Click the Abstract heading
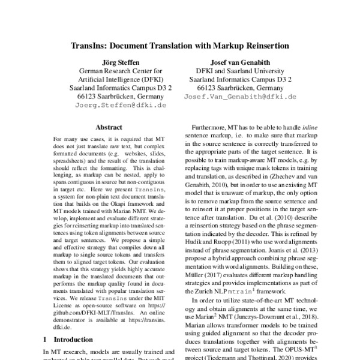108,127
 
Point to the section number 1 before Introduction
47,339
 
